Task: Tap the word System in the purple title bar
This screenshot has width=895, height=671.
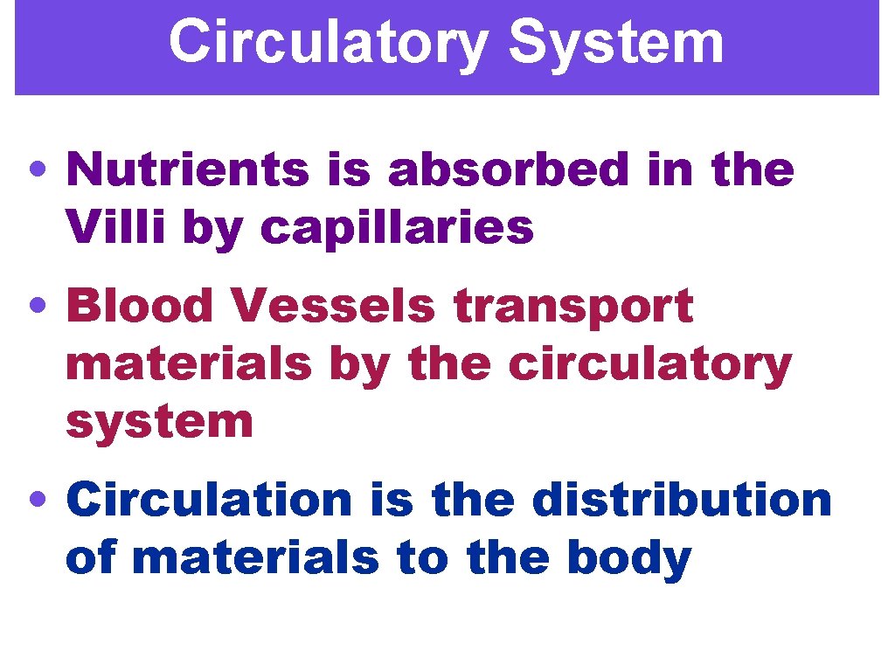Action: (616, 41)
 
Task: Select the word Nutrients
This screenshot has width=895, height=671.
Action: (187, 169)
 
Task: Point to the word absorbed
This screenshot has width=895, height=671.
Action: (508, 169)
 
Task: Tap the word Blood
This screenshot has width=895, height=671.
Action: (140, 307)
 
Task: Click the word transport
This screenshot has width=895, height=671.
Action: (572, 308)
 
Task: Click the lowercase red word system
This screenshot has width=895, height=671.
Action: (159, 423)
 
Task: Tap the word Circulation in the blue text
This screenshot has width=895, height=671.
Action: (209, 500)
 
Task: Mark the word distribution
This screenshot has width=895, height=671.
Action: (682, 500)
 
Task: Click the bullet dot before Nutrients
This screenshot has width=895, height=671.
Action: (38, 171)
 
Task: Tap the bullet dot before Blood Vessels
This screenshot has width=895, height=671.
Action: (38, 308)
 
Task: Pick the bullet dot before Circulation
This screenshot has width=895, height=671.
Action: (38, 501)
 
